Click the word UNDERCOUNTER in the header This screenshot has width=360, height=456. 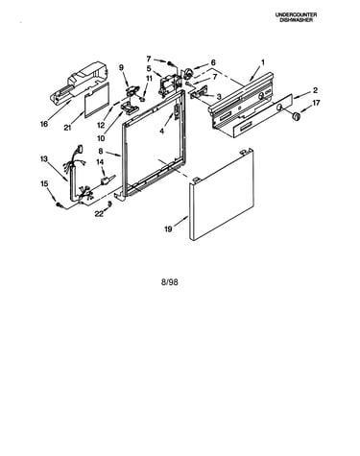click(296, 14)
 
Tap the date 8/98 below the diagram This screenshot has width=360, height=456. click(170, 282)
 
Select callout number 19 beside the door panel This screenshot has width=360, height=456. click(168, 229)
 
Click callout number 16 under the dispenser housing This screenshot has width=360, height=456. click(44, 124)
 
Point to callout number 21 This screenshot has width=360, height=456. click(67, 128)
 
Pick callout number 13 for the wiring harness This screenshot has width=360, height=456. click(44, 158)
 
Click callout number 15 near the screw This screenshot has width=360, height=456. click(44, 183)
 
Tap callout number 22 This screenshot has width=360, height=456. click(99, 213)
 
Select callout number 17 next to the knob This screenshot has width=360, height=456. click(316, 103)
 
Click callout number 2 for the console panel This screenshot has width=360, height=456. click(315, 90)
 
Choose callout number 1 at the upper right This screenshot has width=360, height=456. click(263, 62)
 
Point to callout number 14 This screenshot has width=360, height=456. click(100, 162)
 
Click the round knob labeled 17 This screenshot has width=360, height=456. click(298, 116)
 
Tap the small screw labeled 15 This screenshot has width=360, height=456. click(59, 204)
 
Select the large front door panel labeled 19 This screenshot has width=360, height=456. click(222, 195)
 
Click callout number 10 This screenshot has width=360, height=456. click(101, 138)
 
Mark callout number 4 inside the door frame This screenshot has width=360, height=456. click(162, 131)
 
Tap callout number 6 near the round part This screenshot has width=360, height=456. click(213, 62)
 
